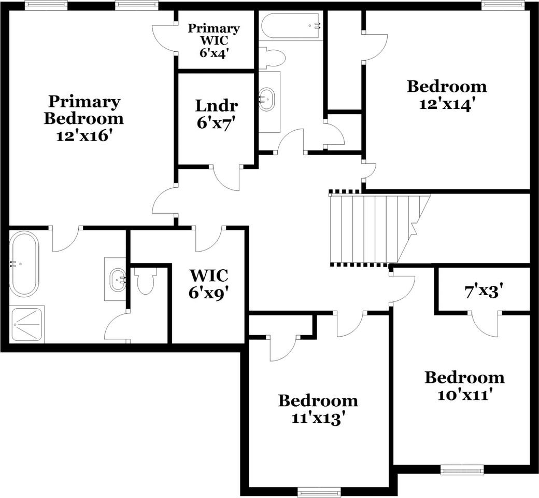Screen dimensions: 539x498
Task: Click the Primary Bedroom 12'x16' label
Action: point(83,118)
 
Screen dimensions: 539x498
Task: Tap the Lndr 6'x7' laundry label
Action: point(217,114)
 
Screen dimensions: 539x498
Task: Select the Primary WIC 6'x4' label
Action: point(214,40)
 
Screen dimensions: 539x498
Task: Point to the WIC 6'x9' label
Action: point(209,284)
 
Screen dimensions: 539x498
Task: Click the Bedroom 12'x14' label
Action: point(447,94)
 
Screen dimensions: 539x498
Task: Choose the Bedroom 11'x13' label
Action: point(318,409)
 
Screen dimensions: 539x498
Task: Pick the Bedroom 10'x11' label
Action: point(465,385)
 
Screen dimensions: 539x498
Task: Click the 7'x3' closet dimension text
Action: point(484,292)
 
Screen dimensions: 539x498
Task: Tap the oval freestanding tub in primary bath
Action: point(24,264)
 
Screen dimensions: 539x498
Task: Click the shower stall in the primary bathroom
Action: point(27,324)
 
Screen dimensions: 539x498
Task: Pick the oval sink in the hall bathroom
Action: point(267,100)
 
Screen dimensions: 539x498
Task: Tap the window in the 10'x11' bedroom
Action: point(462,469)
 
